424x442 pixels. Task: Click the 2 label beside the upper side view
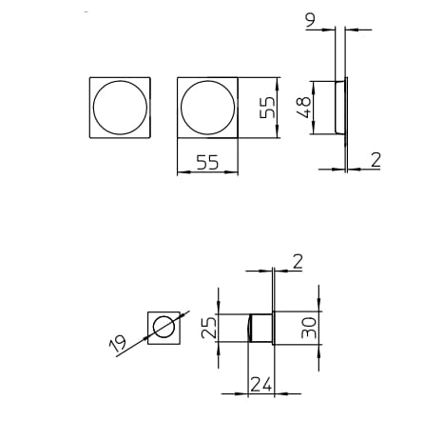376,159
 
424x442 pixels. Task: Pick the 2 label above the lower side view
297,260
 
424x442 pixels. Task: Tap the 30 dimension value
309,329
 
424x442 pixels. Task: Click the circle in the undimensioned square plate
120,108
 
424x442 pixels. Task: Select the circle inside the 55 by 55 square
207,108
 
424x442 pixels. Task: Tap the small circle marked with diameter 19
163,326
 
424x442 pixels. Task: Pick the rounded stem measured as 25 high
259,327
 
